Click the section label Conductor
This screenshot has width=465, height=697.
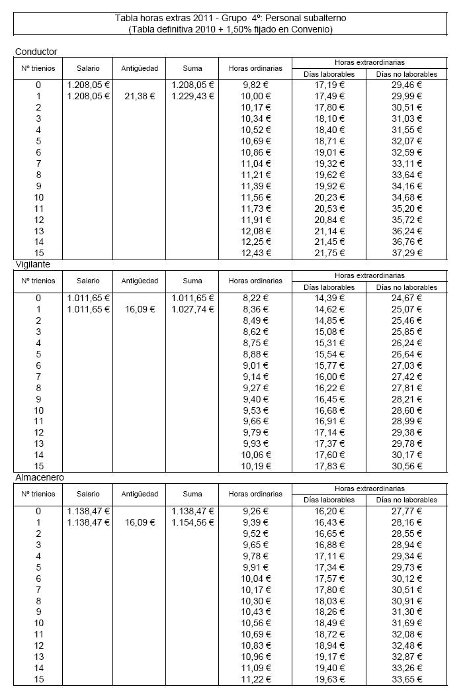36,52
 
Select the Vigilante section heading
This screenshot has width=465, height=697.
32,264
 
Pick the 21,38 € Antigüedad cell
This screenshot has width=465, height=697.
140,96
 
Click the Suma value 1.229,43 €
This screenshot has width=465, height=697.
192,96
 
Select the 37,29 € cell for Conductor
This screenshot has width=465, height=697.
407,254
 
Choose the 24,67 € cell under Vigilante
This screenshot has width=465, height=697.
407,298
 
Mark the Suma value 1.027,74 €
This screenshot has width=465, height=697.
192,309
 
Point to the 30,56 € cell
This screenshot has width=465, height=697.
407,466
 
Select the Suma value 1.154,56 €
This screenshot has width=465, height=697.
192,522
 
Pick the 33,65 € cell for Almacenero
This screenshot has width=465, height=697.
407,679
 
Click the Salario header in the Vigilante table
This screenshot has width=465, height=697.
88,281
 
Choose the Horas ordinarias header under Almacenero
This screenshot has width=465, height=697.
255,494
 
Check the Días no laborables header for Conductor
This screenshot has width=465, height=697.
407,74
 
